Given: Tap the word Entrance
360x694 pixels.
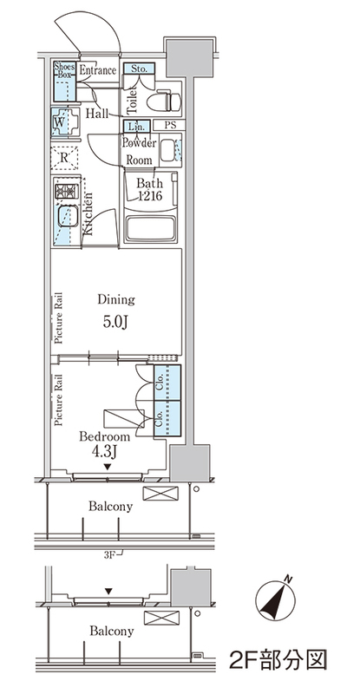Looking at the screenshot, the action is pyautogui.click(x=97, y=70).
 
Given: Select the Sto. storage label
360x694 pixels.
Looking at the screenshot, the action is pyautogui.click(x=139, y=69).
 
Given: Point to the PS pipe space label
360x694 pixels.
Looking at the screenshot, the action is pyautogui.click(x=170, y=125).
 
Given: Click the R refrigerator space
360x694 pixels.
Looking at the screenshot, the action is pyautogui.click(x=64, y=158).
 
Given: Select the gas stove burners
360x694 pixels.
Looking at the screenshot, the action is pyautogui.click(x=67, y=191).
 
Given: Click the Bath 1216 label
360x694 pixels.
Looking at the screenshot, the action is pyautogui.click(x=149, y=189).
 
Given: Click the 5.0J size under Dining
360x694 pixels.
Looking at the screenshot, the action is pyautogui.click(x=115, y=322).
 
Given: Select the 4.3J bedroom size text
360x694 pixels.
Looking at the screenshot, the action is pyautogui.click(x=104, y=452).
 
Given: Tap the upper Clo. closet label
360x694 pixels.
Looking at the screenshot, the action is pyautogui.click(x=160, y=382).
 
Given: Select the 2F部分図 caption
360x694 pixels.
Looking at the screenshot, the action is pyautogui.click(x=278, y=659).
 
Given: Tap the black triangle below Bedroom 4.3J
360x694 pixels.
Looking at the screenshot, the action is pyautogui.click(x=108, y=467).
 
